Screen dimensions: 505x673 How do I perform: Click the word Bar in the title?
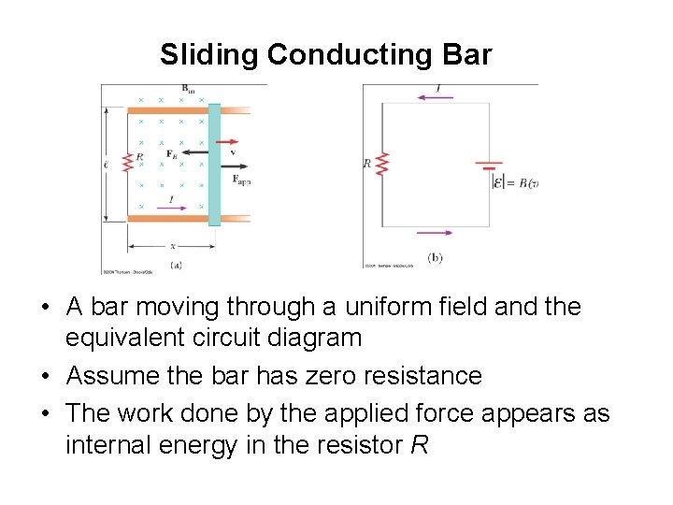(x=466, y=55)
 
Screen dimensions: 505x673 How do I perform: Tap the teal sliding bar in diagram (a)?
(x=215, y=164)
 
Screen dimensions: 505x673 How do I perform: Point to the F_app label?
(x=241, y=180)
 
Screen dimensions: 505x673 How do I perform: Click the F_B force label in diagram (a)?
(x=171, y=153)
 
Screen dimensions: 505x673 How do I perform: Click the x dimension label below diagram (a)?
(x=172, y=246)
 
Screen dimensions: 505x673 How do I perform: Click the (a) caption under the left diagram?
(x=176, y=266)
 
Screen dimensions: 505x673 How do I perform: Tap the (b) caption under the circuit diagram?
(x=434, y=257)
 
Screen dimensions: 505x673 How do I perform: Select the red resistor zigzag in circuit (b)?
(x=382, y=166)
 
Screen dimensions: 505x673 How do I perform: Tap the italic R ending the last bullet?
(x=419, y=445)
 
